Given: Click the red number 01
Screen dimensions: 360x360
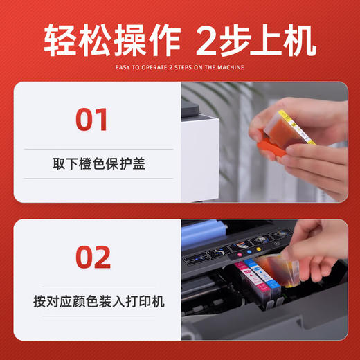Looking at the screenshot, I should pos(92,119).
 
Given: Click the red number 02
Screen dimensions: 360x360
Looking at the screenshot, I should pos(92,258).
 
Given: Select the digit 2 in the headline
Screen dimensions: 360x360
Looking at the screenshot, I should pos(207,41).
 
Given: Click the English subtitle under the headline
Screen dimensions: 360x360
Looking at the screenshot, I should pos(179,67).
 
